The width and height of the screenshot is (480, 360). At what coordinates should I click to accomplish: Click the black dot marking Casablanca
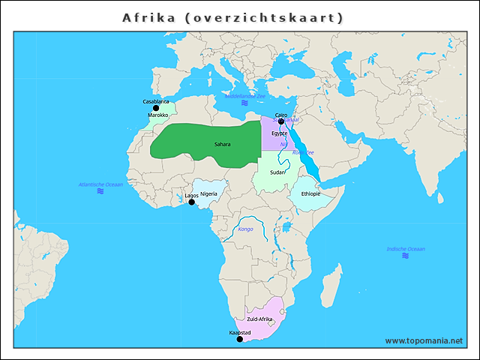point(156,108)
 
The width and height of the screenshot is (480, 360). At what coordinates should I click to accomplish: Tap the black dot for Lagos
point(191,202)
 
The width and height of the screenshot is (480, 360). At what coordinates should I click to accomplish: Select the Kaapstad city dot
point(240,339)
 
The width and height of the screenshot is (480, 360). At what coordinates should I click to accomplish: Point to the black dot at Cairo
point(281,121)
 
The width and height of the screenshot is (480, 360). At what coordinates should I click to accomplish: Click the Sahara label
point(222,144)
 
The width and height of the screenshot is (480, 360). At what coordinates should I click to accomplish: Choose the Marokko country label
point(158,115)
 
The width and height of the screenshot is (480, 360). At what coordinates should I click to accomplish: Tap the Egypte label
point(280,133)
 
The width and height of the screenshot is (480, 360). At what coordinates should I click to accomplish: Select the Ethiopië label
point(311,193)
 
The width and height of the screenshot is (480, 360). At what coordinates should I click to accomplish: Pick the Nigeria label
point(208,193)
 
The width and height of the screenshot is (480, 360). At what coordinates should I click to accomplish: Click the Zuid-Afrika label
point(259,319)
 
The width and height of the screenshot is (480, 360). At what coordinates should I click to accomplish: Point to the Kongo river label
point(245,229)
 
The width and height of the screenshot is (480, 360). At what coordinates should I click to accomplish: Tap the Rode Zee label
point(303,152)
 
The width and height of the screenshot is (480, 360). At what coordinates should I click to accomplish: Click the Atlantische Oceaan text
point(100,184)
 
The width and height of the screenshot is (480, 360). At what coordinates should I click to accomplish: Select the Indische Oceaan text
point(406,248)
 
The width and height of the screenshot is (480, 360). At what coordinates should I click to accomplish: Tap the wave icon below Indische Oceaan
point(406,256)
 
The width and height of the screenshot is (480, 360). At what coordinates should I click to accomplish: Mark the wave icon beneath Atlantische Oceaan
point(100,192)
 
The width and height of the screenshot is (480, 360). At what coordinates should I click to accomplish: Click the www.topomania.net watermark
point(424,340)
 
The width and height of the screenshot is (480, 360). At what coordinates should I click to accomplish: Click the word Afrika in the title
point(148,16)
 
